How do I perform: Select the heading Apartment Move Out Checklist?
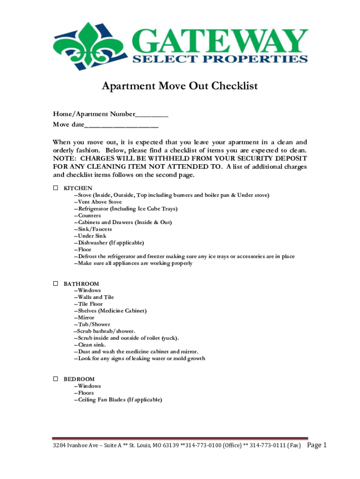(x=180, y=87)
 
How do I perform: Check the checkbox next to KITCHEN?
(x=55, y=188)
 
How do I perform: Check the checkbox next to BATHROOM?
(x=55, y=283)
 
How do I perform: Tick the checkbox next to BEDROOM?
(x=55, y=379)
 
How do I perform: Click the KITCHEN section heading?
(x=78, y=188)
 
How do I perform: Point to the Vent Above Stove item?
(x=98, y=202)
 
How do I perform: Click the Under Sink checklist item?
(x=92, y=236)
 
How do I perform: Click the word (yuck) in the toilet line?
(x=169, y=338)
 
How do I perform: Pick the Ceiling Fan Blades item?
(x=120, y=400)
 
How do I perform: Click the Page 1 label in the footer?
(x=317, y=445)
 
